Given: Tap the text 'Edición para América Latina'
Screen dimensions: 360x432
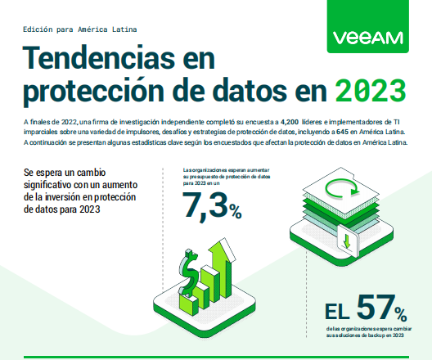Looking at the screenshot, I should [79, 28].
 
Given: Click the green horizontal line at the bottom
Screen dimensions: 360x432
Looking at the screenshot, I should [216, 357].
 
